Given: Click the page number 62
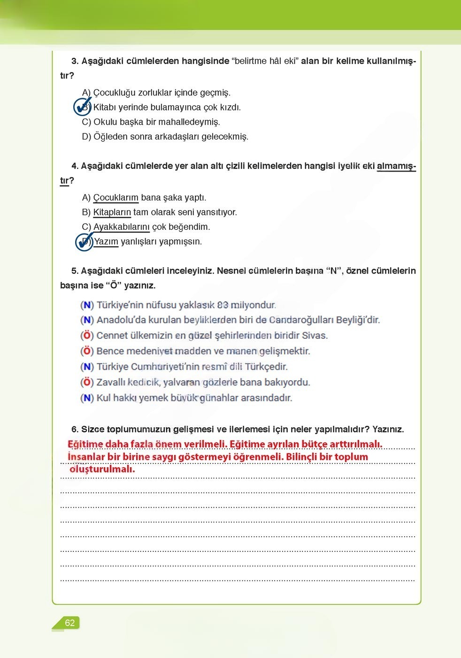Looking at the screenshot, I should (x=69, y=623).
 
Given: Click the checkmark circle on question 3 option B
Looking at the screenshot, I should (x=83, y=107).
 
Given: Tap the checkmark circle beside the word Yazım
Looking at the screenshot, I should (x=85, y=242).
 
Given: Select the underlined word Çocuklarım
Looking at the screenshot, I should (x=115, y=197).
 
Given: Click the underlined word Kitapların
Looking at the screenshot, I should (x=112, y=212).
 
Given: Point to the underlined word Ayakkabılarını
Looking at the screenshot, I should (x=121, y=227).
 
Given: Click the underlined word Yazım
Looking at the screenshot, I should (x=106, y=242).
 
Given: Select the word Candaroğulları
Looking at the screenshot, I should (x=301, y=320).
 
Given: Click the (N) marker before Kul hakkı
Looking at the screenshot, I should (x=87, y=398).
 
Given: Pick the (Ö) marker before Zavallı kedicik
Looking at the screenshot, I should (x=87, y=383).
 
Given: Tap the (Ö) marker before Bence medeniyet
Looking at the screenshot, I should (x=87, y=351).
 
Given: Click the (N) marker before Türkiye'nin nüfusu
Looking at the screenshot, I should (x=87, y=305).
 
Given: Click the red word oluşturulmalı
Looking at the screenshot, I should (x=102, y=469).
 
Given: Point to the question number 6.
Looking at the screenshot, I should (x=75, y=429).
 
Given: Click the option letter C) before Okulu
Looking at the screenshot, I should (x=86, y=122).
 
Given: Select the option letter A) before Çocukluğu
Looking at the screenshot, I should (x=86, y=93).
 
